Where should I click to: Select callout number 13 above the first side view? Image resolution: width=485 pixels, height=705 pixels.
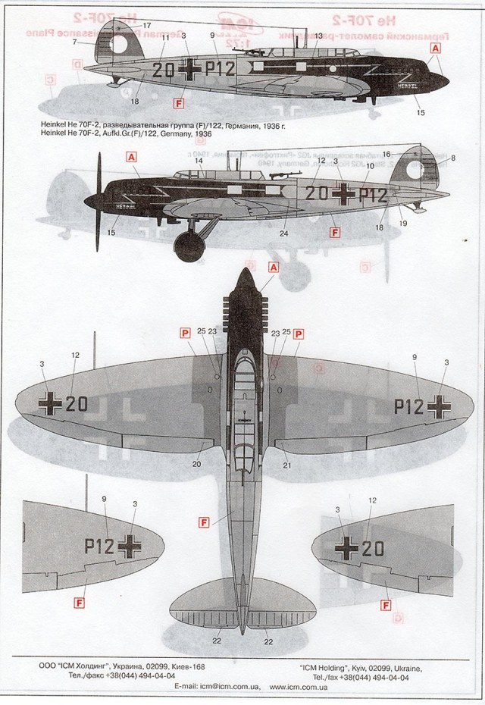coord(318,36)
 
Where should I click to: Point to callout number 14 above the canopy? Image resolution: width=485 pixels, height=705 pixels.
coord(198,161)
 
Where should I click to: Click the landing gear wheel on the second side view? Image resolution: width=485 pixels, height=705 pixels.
coord(189,246)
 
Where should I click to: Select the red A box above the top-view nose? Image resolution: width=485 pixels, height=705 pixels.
coord(274,267)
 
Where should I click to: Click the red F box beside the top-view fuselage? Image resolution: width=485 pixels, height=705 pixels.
coord(203,522)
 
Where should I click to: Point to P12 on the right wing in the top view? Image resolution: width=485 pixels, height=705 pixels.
coord(408,406)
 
